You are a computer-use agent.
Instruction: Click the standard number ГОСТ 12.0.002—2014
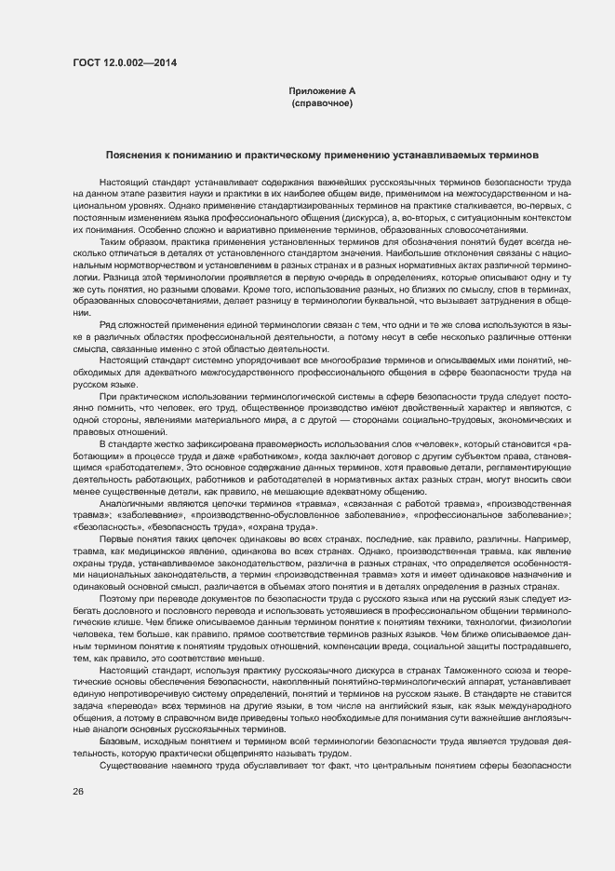pyautogui.click(x=124, y=63)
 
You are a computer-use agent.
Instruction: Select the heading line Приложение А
pyautogui.click(x=322, y=90)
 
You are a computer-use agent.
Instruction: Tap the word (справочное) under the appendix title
pyautogui.click(x=322, y=102)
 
